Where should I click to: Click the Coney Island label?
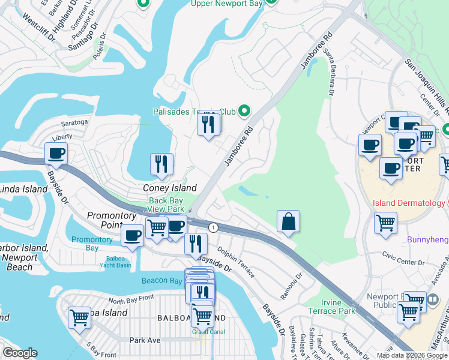click(169, 188)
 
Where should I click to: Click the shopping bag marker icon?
click(289, 221)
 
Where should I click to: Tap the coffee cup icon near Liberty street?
click(56, 153)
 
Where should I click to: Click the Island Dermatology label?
click(409, 203)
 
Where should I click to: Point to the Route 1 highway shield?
click(213, 227)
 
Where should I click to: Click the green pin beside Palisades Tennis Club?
click(244, 110)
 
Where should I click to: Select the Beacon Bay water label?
click(161, 281)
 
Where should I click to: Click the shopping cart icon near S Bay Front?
click(79, 317)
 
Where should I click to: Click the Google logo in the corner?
click(20, 353)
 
